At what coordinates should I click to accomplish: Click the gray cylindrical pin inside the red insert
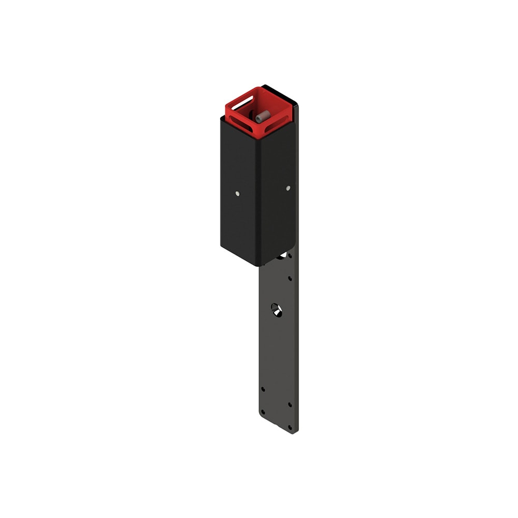click(263, 116)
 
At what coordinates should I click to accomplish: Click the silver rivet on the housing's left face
click(237, 194)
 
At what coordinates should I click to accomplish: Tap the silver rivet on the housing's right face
click(288, 188)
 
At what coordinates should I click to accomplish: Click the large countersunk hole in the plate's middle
click(277, 310)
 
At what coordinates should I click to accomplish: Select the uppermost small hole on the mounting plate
click(290, 255)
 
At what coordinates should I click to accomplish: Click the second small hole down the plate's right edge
click(290, 279)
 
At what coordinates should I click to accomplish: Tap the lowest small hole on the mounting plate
click(290, 428)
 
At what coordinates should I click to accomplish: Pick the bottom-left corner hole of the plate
click(263, 412)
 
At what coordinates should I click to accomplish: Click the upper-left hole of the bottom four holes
click(263, 388)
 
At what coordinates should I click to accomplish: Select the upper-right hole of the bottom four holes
click(289, 405)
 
